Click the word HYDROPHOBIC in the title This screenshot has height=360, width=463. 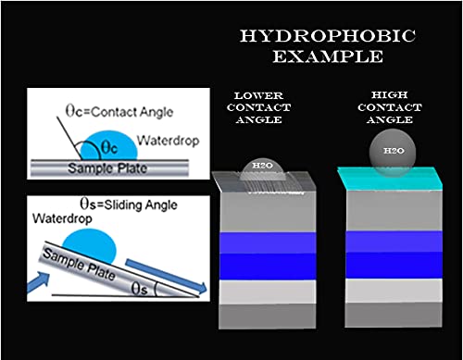point(328,36)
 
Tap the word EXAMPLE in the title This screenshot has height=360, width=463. point(328,56)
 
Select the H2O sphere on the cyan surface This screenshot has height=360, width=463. point(393,153)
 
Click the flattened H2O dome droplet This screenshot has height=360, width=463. point(263,169)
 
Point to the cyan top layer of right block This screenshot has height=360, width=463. point(390,179)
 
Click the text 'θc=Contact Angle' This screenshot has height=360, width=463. point(119,111)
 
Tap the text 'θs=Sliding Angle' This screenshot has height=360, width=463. point(129,205)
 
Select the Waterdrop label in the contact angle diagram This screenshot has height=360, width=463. point(169,141)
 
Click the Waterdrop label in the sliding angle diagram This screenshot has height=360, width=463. point(62,218)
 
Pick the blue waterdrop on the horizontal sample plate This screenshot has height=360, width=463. point(109,146)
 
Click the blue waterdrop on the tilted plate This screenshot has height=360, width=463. point(90,245)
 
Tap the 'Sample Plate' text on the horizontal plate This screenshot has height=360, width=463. point(107,168)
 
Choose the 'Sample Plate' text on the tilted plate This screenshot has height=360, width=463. point(79,264)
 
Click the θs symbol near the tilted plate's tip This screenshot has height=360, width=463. point(139,290)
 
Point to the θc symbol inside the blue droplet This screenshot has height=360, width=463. point(110,148)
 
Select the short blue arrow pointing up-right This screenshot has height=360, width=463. point(38,281)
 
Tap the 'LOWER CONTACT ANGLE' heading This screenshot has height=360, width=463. point(258,107)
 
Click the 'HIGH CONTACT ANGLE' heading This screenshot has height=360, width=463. point(390,107)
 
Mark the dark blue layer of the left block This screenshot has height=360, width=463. point(268,267)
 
